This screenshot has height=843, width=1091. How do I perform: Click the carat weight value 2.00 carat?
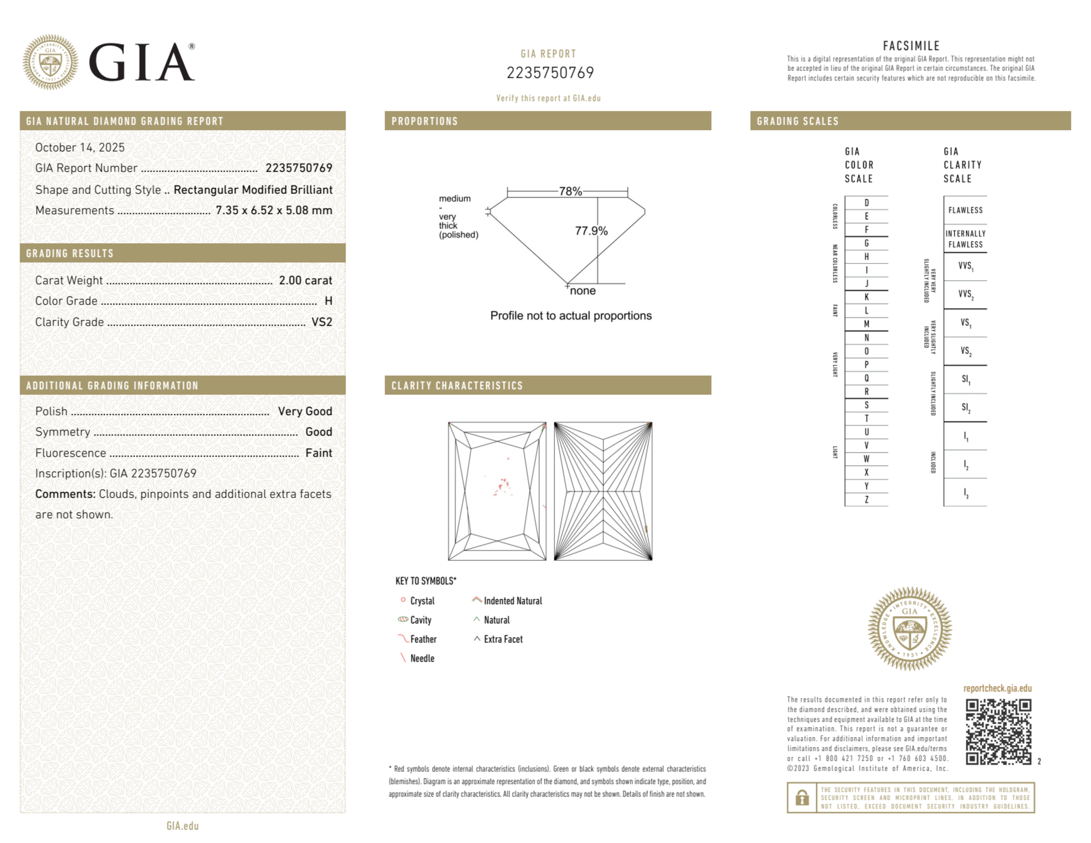coord(305,280)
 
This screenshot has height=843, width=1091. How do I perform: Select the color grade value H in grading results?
coord(328,301)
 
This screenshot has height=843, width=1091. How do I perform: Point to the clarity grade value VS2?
coord(322,322)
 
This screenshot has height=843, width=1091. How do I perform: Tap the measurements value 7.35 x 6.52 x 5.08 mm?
coord(274,210)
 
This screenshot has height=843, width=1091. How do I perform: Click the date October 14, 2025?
coord(80,148)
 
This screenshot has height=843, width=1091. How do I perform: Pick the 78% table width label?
coord(570,191)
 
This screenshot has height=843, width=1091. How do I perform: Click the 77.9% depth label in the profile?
coord(591,231)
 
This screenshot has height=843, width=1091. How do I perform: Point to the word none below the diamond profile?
coord(582,291)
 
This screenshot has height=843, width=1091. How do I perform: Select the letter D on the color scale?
coord(866,203)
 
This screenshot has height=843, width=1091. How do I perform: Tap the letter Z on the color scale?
coord(866,499)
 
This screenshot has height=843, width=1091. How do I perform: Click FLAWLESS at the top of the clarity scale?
coord(965,210)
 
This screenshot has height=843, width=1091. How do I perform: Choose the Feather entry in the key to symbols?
coord(423,639)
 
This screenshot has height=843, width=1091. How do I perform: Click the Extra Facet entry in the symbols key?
coord(503,639)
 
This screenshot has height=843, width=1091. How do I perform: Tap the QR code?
coord(998,732)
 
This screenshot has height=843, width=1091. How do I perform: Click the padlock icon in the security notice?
coord(801,798)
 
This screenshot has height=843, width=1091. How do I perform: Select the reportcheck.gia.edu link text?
coord(997,688)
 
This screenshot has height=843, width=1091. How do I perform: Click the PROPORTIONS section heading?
coord(425,121)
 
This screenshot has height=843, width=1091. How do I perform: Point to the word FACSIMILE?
coord(911,46)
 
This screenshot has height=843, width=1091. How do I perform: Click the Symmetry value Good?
coord(318,432)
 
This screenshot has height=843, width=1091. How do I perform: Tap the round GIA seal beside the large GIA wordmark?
coord(50,62)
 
